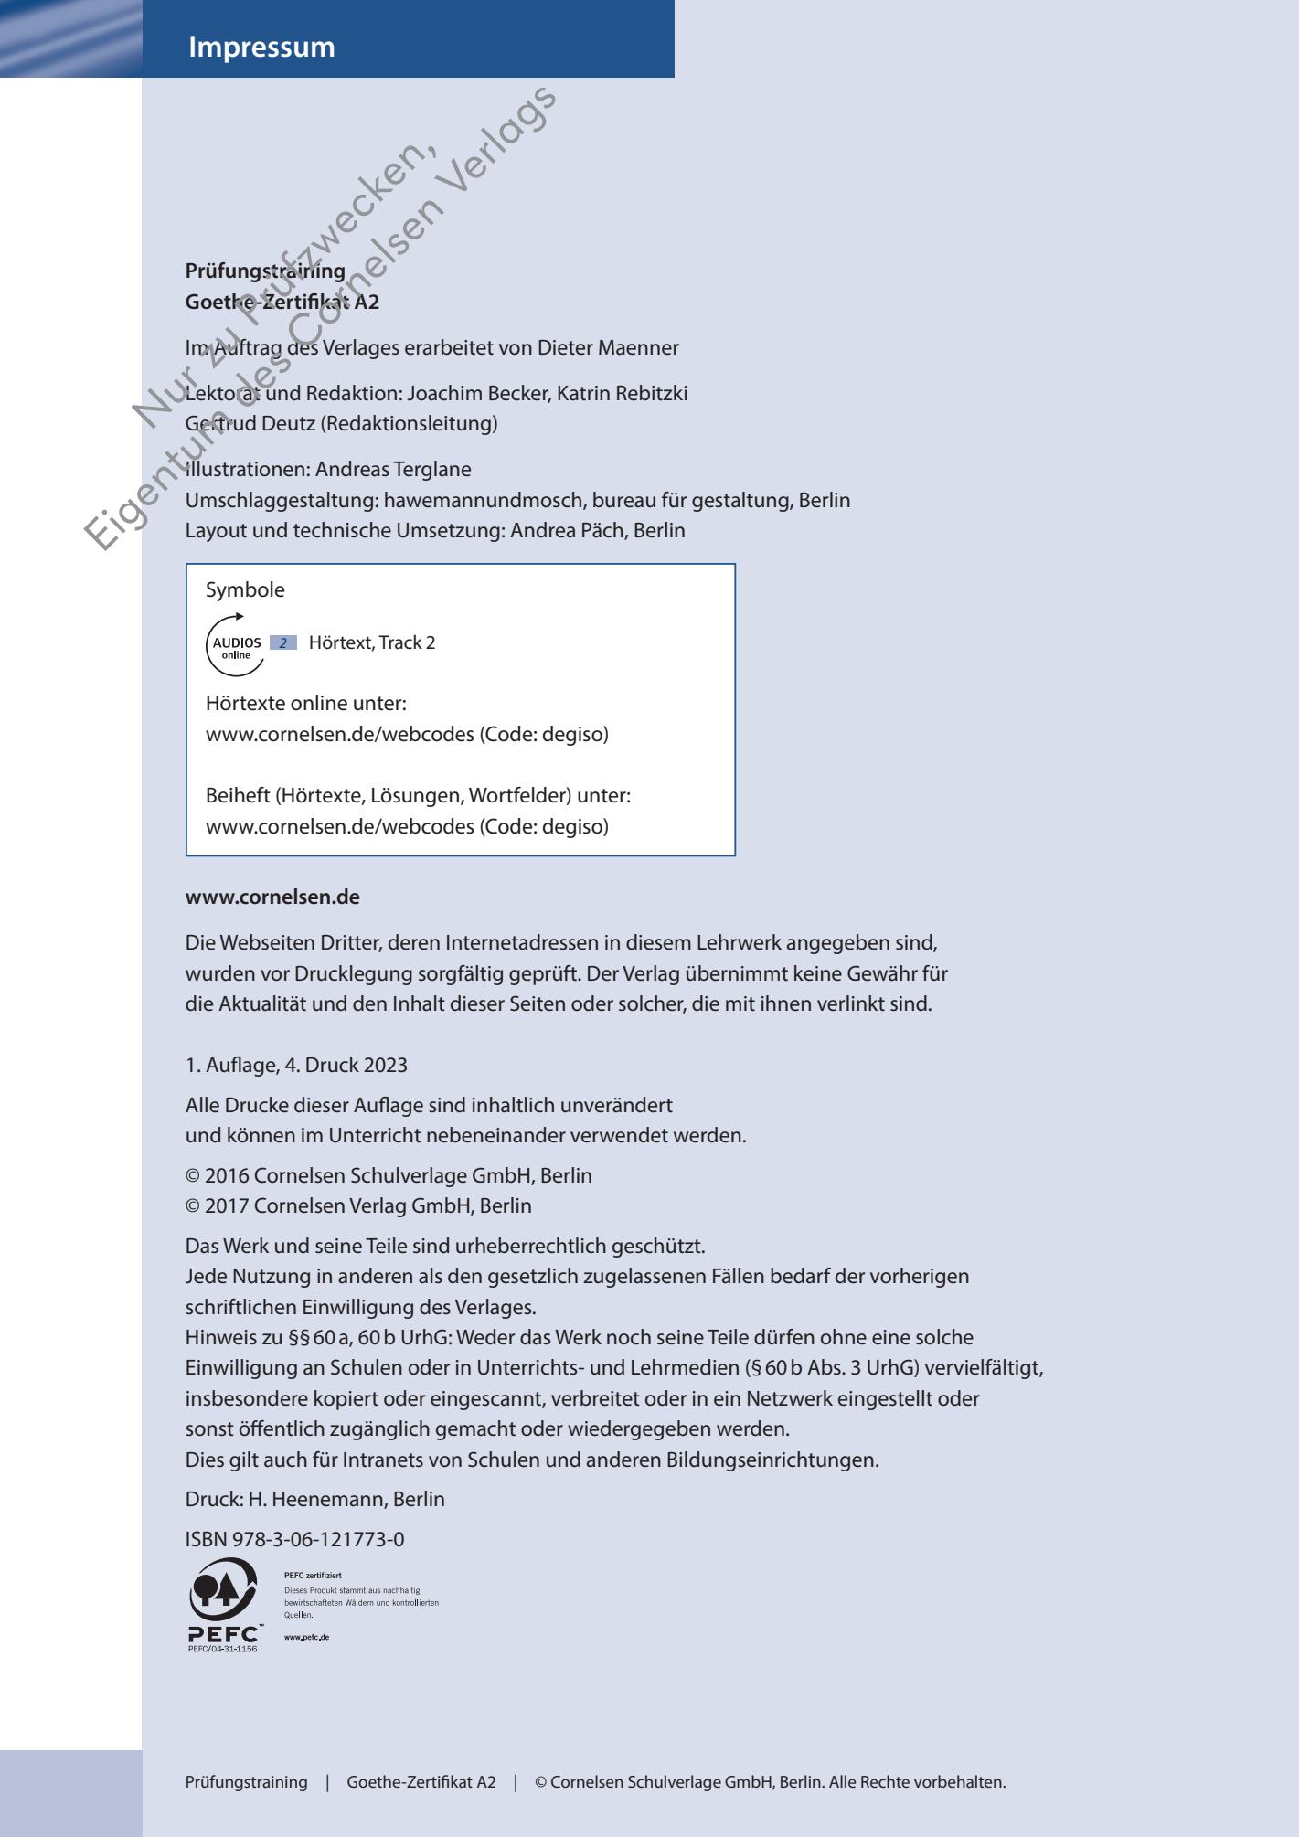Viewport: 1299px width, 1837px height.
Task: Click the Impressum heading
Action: click(261, 48)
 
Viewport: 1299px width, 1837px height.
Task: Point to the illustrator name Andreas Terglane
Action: click(393, 471)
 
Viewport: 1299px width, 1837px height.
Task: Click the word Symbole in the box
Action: click(245, 590)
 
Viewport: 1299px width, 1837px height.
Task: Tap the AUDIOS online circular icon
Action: click(236, 643)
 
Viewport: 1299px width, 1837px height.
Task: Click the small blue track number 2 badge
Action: click(283, 643)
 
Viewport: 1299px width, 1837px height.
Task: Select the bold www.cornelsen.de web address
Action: click(272, 897)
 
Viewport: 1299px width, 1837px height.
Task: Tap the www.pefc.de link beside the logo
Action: click(307, 1637)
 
